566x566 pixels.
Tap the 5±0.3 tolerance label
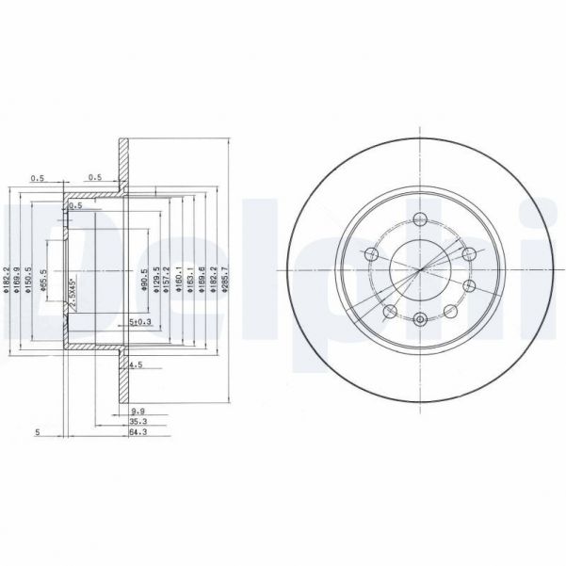[x=139, y=323]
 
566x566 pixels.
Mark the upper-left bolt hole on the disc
[x=370, y=255]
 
